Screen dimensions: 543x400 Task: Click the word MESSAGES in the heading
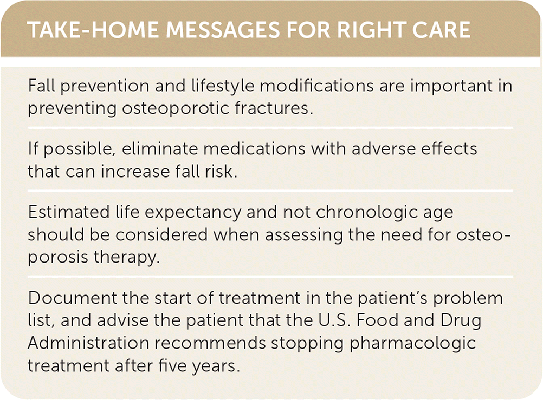[223, 30]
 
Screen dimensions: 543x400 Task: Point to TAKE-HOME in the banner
[93, 30]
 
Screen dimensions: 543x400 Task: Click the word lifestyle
[223, 86]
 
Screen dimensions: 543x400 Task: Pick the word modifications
[316, 86]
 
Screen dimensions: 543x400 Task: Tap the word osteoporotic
[176, 108]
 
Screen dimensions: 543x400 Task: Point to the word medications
[254, 149]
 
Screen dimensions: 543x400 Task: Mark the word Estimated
[69, 212]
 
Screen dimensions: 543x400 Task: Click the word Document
[73, 298]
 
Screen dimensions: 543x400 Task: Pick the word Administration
[88, 343]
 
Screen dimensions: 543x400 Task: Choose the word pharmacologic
[412, 344]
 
